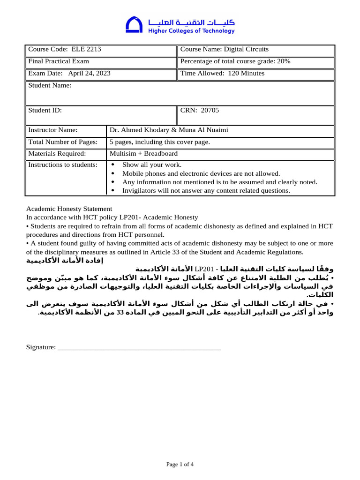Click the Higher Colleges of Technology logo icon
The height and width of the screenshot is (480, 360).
pyautogui.click(x=134, y=25)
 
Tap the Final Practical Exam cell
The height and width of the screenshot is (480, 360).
pyautogui.click(x=59, y=61)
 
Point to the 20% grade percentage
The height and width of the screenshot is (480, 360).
pyautogui.click(x=284, y=61)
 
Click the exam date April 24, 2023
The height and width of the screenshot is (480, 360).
pyautogui.click(x=90, y=73)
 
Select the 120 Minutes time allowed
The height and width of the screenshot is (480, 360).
pyautogui.click(x=246, y=73)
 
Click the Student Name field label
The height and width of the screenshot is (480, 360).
pyautogui.click(x=50, y=85)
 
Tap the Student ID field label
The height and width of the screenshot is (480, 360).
pyautogui.click(x=45, y=111)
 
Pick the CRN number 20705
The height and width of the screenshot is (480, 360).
pyautogui.click(x=210, y=111)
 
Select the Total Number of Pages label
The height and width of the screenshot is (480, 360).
pyautogui.click(x=63, y=142)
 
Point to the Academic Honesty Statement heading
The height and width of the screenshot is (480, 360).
pyautogui.click(x=69, y=209)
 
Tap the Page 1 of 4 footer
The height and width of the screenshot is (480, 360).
pyautogui.click(x=180, y=464)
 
